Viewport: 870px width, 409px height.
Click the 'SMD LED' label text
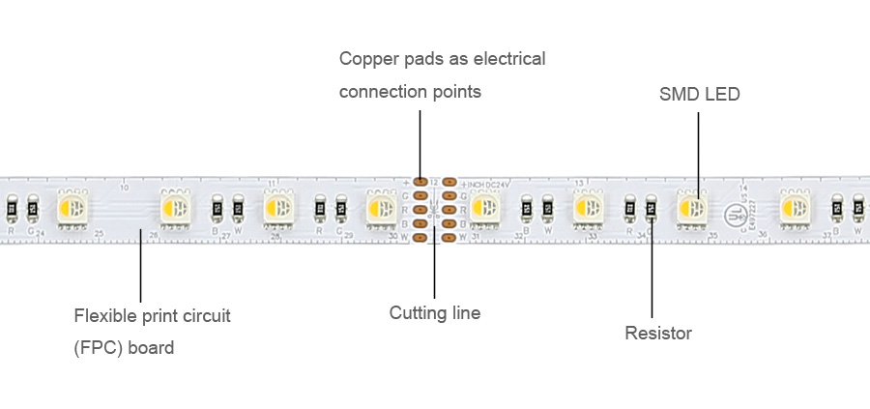click(699, 94)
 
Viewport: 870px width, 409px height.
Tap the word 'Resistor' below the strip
click(658, 334)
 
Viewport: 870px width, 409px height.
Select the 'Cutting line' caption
click(434, 313)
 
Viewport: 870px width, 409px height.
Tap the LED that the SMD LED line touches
click(692, 207)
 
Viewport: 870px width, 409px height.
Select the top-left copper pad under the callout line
click(420, 181)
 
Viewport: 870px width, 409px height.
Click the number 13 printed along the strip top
click(577, 183)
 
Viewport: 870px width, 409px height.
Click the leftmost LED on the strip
click(72, 207)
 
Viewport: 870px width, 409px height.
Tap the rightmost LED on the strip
click(796, 207)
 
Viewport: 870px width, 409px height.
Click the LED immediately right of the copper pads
click(485, 207)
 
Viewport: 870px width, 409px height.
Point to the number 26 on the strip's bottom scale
click(153, 234)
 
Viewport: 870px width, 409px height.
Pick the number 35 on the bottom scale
click(712, 234)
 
